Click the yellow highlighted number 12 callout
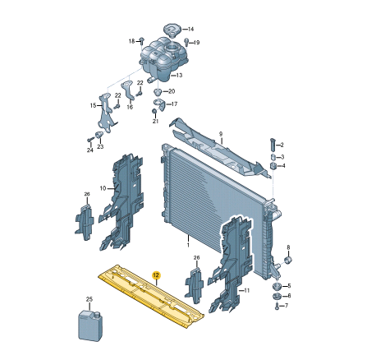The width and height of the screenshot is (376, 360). [x=156, y=275]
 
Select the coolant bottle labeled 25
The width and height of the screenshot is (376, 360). [x=89, y=325]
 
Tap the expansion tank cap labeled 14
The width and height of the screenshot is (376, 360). [x=172, y=30]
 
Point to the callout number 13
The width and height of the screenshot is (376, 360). [x=179, y=75]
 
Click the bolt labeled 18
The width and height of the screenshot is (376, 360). [x=142, y=40]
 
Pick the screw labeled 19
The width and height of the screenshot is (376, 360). [x=186, y=41]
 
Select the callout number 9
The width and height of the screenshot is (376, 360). [x=221, y=134]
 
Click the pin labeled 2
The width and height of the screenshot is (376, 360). [x=273, y=144]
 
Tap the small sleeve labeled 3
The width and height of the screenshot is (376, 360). [x=273, y=158]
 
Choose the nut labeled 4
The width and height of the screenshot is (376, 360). [x=273, y=166]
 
